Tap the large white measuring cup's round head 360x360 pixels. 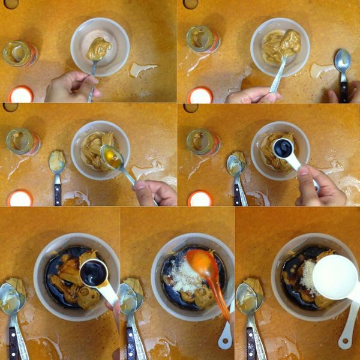(x=335, y=277)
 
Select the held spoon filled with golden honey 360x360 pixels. (x=112, y=157)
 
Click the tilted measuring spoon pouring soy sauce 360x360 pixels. (x=94, y=272)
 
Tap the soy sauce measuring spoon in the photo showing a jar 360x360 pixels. (x=283, y=148)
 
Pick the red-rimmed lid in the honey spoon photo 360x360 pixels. (x=20, y=197)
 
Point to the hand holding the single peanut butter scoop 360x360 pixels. (x=71, y=86)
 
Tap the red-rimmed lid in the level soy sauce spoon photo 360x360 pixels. (x=200, y=197)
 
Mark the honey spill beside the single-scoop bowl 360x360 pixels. (x=142, y=68)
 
